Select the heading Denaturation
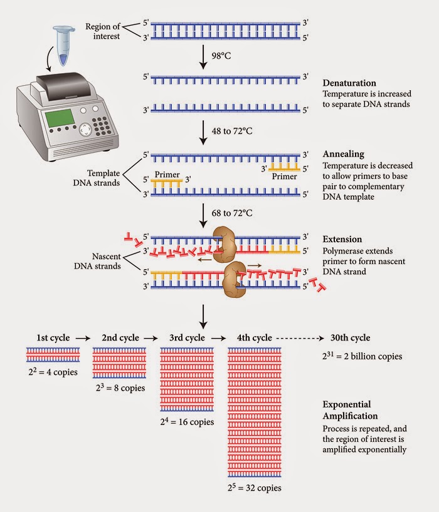click(x=349, y=83)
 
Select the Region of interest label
click(x=102, y=31)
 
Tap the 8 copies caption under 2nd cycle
click(x=119, y=387)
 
